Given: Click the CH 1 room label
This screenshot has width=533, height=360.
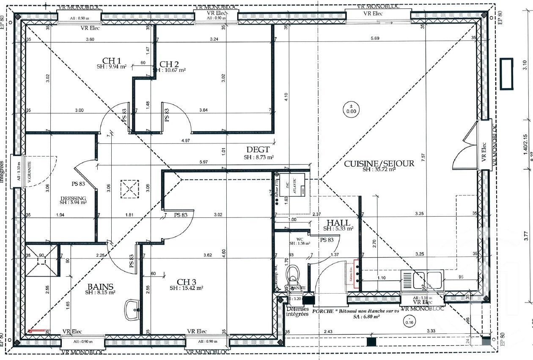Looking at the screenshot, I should pos(112,60).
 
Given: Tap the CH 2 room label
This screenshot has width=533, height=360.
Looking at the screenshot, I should pos(169,64).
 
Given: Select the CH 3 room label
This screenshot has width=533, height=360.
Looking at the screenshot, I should pos(187,281).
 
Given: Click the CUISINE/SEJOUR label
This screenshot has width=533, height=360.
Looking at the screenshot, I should pos(379,164).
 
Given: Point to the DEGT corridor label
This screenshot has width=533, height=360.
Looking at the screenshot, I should pos(258,150).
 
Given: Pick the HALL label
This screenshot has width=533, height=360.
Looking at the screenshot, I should pos(338,223).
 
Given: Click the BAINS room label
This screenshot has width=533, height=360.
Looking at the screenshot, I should pos(101,286).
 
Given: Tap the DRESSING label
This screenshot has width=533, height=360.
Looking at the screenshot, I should pos(73,198).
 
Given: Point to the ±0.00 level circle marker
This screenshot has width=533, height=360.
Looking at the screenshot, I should pos(351,109).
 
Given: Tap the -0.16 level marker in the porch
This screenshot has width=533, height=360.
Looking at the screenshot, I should pos(409,320).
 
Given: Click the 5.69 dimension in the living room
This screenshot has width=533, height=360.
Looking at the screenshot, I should pos(375,39).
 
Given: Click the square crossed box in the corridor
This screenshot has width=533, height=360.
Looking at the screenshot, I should pos(129,189).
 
